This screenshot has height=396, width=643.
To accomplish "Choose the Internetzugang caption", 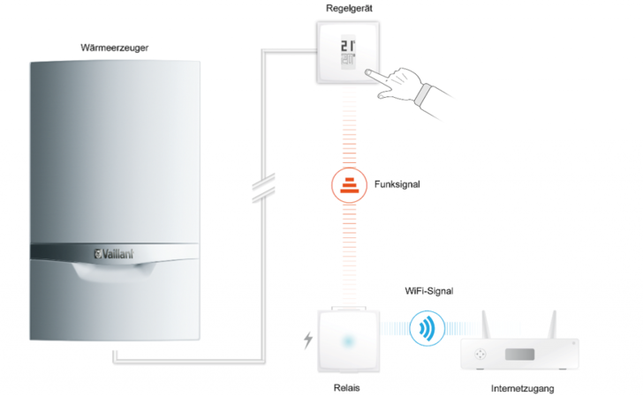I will [524, 387].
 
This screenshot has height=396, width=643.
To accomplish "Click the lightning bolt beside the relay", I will [307, 340].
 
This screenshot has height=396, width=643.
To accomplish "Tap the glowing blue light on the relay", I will [348, 340].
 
